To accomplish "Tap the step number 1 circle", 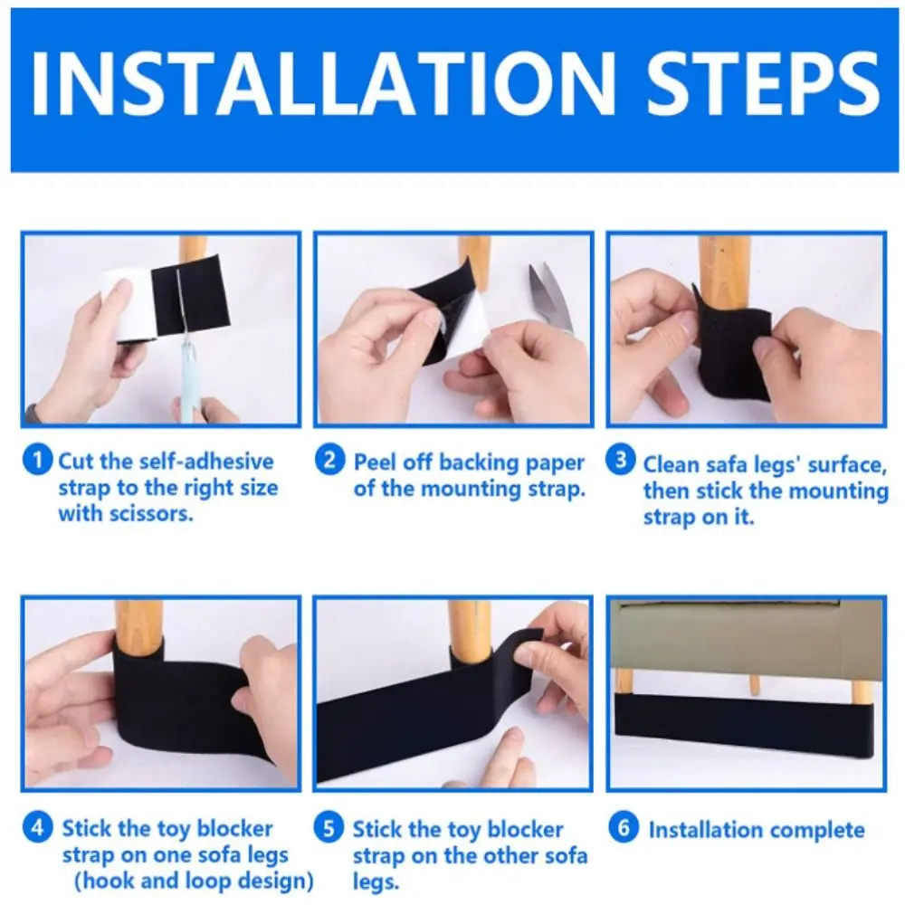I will pos(38,461).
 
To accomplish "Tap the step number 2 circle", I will pos(330,461).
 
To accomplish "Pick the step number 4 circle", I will pos(38,827).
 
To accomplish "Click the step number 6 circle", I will pos(622,827).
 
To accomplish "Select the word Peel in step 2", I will pos(374,462).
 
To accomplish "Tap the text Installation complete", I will pos(757,829).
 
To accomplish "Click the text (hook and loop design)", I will pos(195,880).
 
